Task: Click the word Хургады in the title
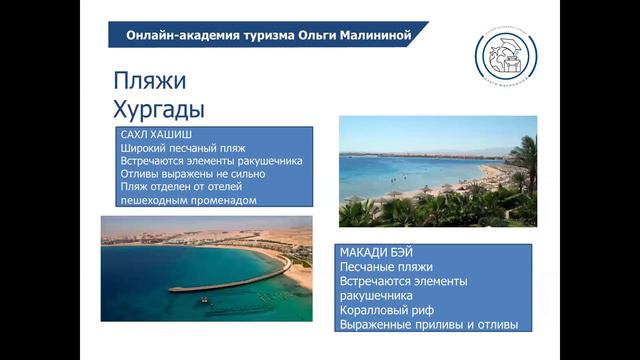tap(158, 107)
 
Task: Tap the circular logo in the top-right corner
tap(504, 55)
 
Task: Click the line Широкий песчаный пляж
tap(183, 147)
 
